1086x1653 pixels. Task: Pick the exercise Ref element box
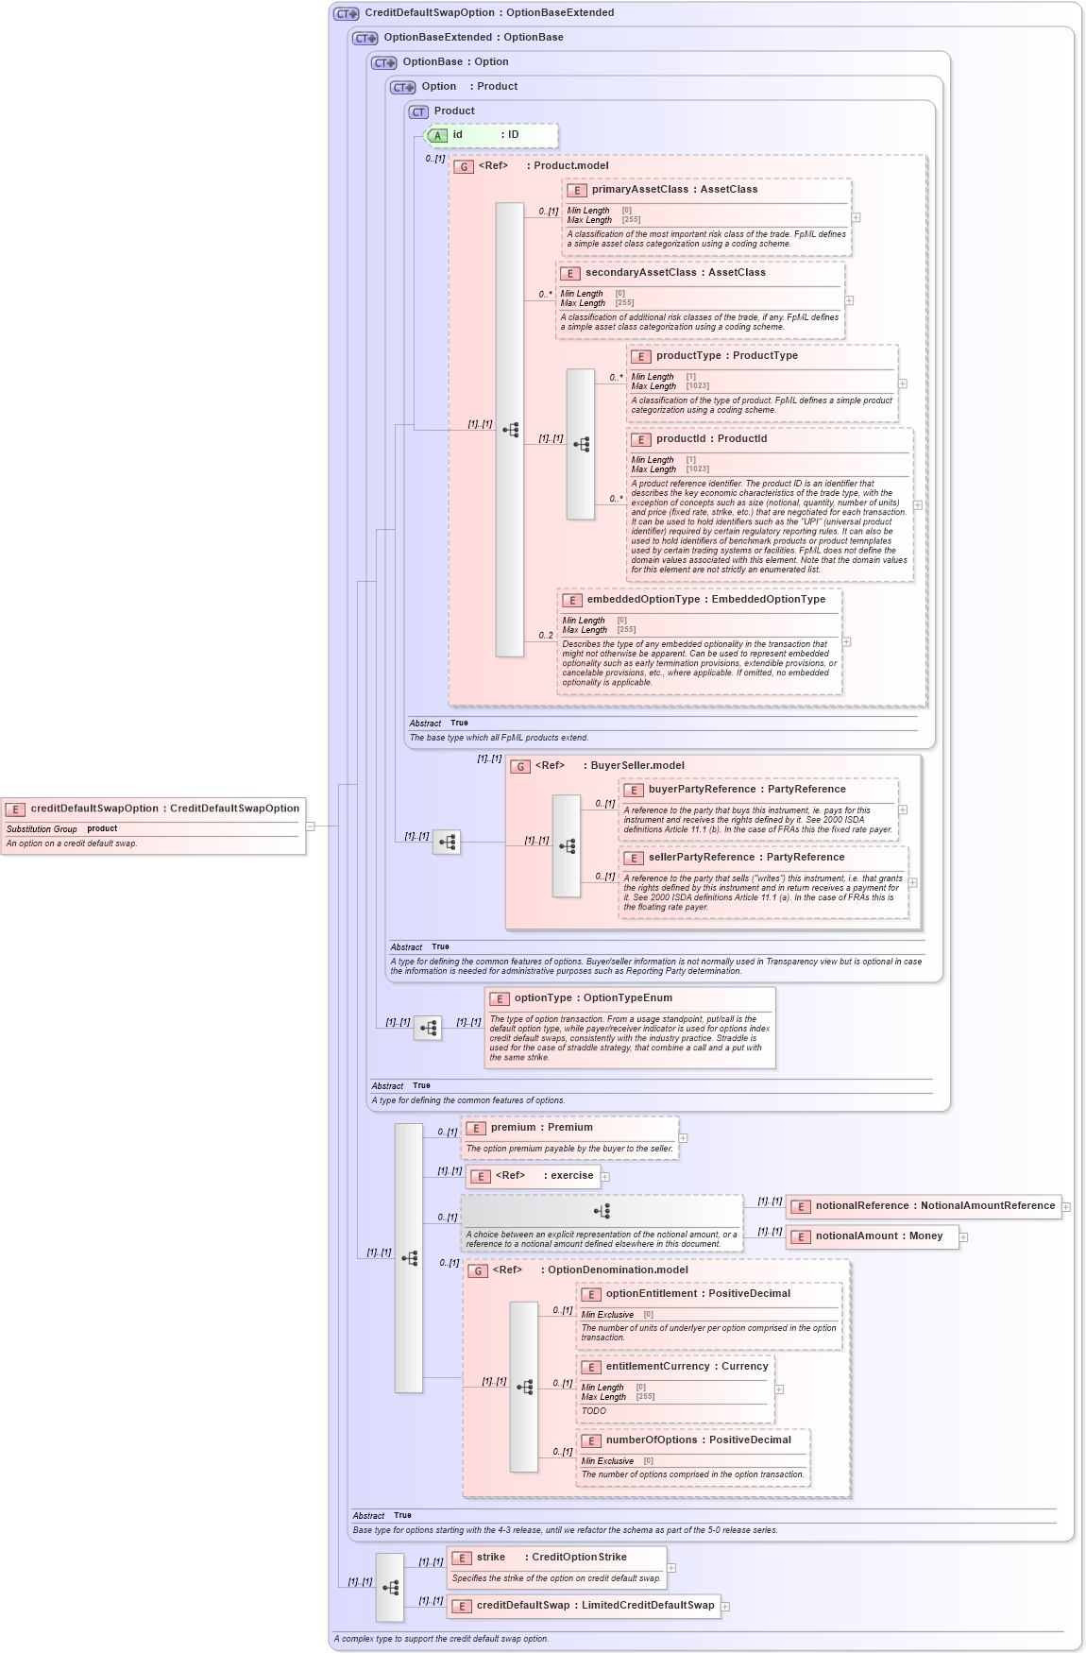tap(533, 1176)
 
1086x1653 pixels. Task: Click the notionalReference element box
tap(923, 1206)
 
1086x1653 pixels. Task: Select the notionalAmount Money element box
tap(872, 1236)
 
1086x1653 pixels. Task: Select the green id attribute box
tap(491, 135)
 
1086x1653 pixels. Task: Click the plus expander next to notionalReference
tap(1066, 1207)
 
